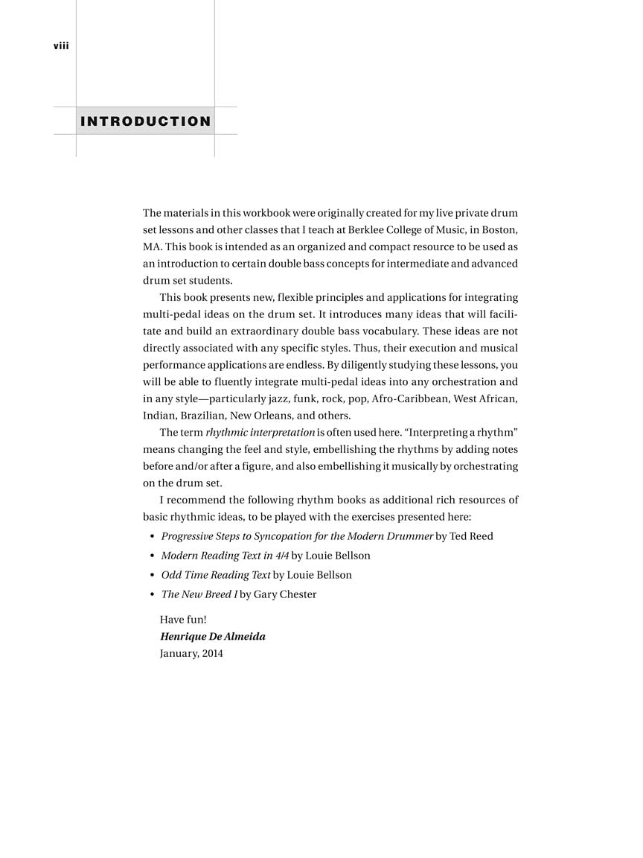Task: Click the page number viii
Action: [61, 46]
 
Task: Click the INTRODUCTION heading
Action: [146, 121]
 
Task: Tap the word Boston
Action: [500, 229]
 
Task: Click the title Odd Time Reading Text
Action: [216, 575]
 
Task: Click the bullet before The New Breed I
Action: [152, 594]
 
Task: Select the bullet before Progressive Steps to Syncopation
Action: [152, 536]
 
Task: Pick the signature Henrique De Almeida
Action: [213, 637]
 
